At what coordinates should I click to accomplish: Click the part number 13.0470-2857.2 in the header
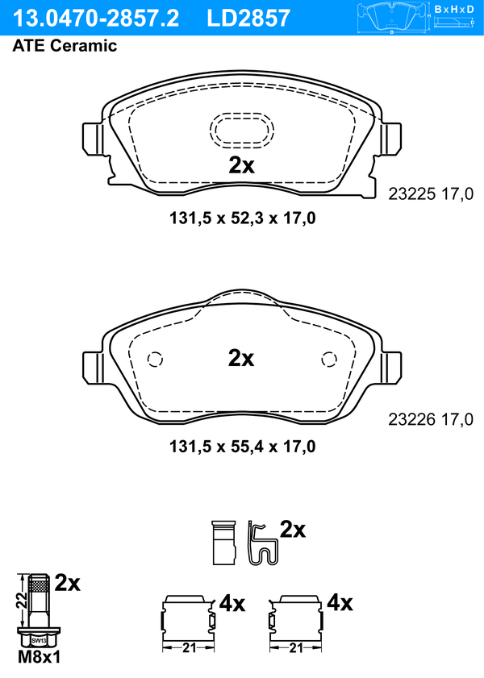[x=96, y=19]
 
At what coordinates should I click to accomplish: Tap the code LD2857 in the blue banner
[x=248, y=19]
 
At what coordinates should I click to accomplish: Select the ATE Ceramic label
[x=65, y=45]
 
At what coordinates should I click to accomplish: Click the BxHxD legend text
[x=454, y=9]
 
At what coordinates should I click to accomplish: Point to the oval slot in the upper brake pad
[x=242, y=130]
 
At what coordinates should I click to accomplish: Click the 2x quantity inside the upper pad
[x=241, y=164]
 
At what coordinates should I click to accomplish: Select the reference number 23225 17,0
[x=431, y=194]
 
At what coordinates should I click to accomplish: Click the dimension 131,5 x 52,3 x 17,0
[x=242, y=218]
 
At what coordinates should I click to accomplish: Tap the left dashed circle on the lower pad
[x=155, y=360]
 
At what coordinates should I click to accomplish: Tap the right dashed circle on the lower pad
[x=329, y=360]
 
